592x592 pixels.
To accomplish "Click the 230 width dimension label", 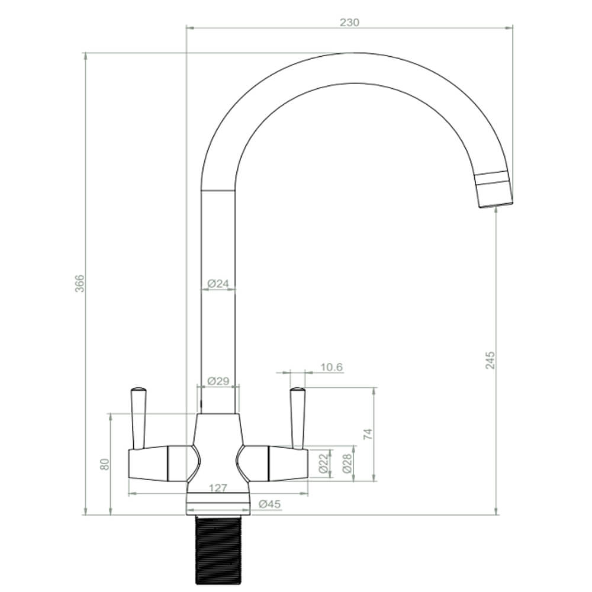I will [x=349, y=22].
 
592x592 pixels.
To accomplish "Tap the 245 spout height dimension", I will [x=490, y=360].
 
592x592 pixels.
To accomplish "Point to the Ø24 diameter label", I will [x=218, y=284].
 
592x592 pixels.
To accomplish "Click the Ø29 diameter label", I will [x=218, y=381].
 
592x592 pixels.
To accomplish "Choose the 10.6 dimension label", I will [x=332, y=368].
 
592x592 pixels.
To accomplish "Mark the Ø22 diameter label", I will [x=323, y=463].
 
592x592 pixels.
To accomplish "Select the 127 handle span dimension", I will [x=218, y=488].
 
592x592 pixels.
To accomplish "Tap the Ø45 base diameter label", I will [x=270, y=504].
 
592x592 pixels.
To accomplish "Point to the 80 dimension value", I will [x=105, y=464].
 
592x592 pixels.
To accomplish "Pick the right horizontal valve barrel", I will [x=275, y=463].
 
